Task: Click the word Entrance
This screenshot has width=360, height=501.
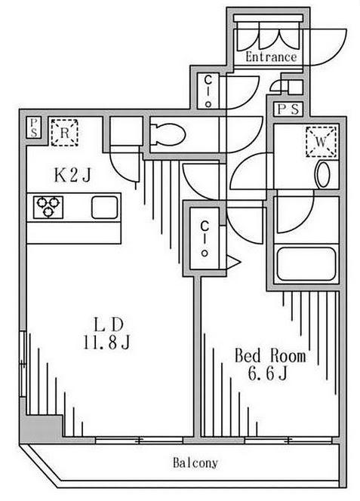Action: pos(271,57)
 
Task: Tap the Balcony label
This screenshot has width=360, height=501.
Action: pos(195,463)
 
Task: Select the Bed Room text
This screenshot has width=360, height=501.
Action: pos(270,356)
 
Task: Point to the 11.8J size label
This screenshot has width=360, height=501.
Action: pos(106,343)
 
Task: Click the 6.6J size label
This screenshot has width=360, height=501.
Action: pos(267,373)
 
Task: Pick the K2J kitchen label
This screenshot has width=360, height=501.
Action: pos(72,175)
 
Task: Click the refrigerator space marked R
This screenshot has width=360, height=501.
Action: pos(65,133)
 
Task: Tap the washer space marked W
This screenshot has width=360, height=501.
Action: pos(322,142)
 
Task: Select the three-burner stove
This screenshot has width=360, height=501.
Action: pos(48,207)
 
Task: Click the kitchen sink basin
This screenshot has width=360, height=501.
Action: pos(105,207)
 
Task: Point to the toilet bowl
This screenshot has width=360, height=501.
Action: pos(168,135)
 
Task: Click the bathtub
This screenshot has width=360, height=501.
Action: pos(306,264)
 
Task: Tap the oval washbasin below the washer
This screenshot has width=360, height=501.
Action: pos(322,174)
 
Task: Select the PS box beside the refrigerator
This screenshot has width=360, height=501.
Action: pos(33,128)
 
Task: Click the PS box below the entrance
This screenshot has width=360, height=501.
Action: pos(288,109)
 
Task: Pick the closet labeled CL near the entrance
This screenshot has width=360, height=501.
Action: pos(208,91)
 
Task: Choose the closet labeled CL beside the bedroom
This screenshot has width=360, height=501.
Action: pos(205,238)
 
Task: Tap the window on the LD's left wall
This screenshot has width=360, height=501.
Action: pos(23,364)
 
